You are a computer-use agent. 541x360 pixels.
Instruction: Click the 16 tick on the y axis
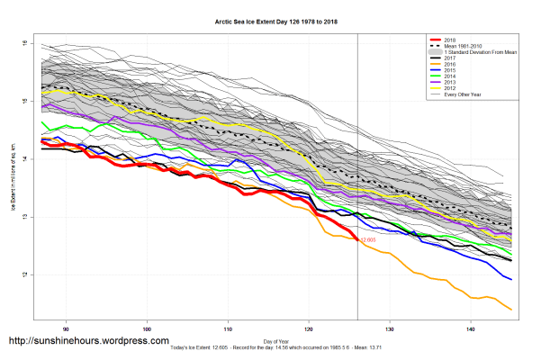(x=26, y=44)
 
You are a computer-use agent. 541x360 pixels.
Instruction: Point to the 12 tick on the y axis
(x=26, y=274)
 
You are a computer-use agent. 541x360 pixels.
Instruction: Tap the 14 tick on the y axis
(x=26, y=159)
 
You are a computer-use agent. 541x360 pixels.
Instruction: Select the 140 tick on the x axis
(x=471, y=328)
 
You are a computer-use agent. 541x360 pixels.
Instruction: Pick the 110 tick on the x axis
(x=228, y=328)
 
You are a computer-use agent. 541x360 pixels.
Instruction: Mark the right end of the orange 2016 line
(x=511, y=310)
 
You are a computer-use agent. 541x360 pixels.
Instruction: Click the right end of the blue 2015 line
(x=511, y=279)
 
